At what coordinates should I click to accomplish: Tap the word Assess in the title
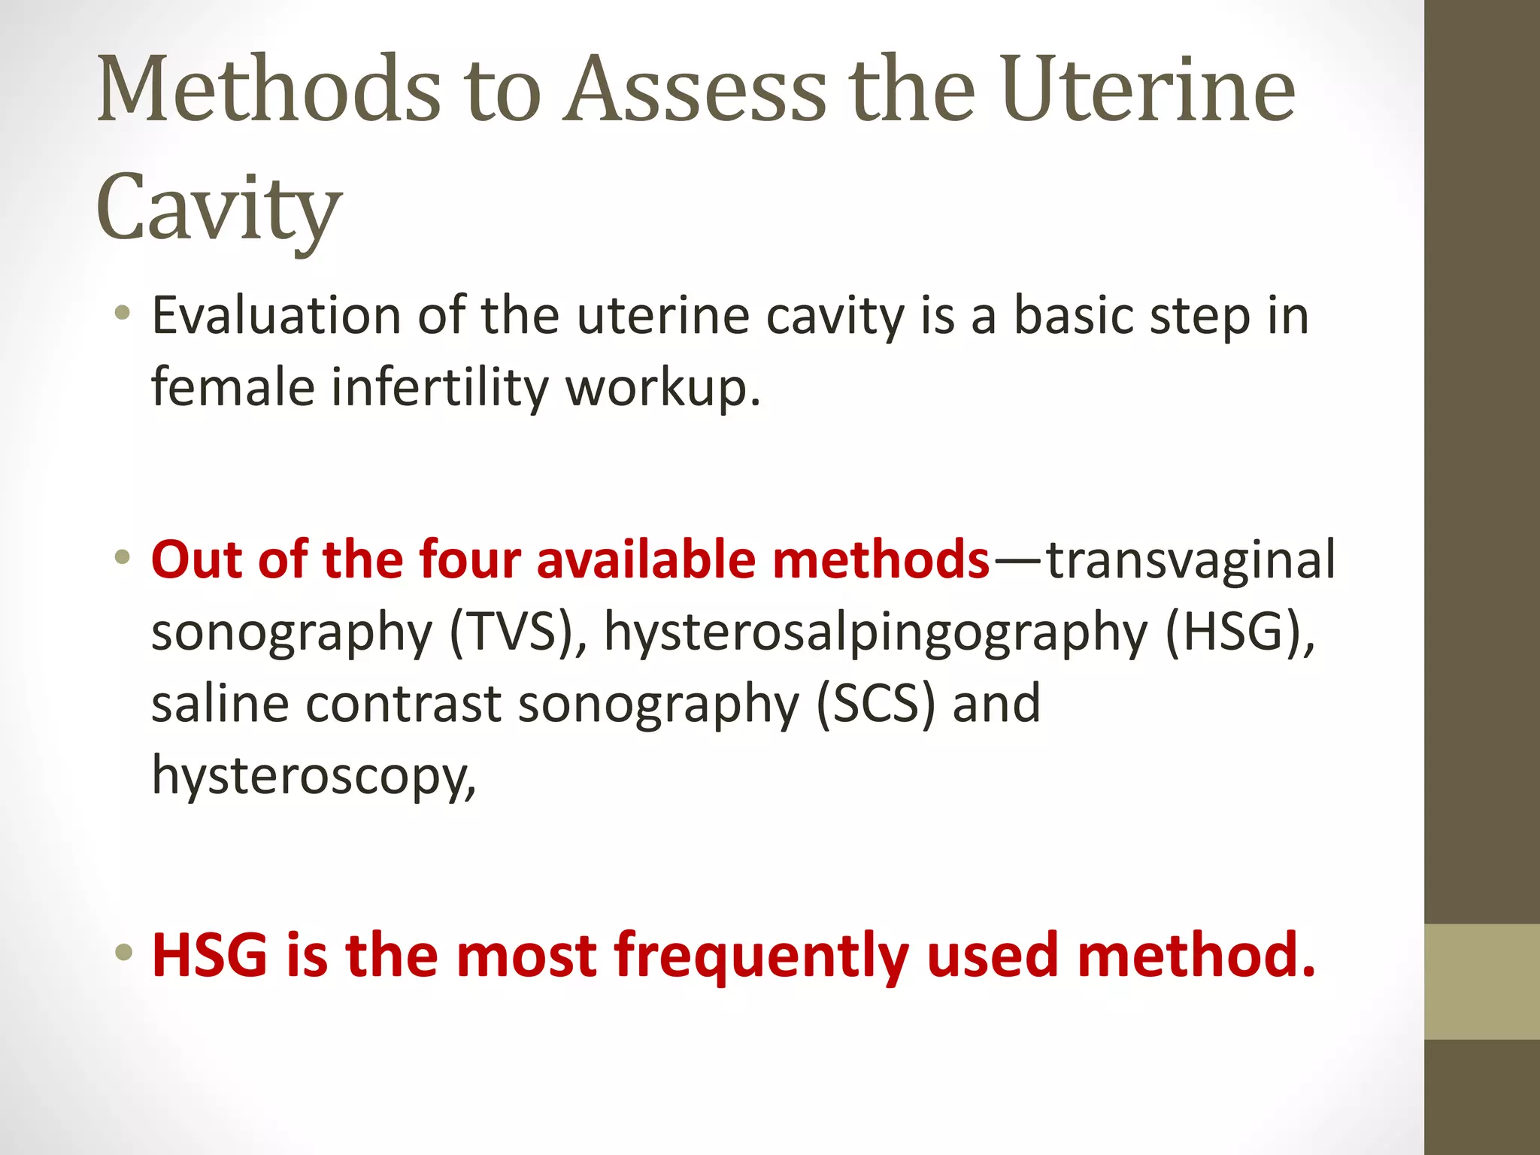[x=696, y=90]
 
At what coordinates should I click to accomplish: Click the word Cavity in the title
[x=219, y=208]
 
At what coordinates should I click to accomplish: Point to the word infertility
[x=440, y=387]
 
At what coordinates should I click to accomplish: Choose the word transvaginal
[x=1191, y=560]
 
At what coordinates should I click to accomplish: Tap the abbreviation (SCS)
[x=876, y=704]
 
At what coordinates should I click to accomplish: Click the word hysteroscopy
[x=314, y=776]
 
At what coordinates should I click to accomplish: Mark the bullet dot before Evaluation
[x=123, y=314]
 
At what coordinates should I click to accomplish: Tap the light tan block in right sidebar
[x=1481, y=981]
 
